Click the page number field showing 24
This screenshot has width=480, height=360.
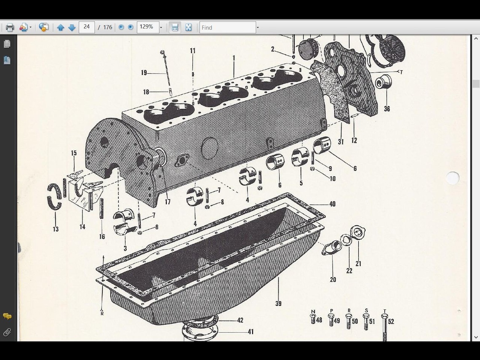tap(86, 27)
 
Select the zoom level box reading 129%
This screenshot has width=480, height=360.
tap(147, 27)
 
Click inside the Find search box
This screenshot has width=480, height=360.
tap(227, 27)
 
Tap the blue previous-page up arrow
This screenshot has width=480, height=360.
tap(60, 27)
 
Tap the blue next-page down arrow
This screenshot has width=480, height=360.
tap(72, 27)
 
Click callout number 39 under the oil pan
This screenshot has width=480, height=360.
tap(278, 303)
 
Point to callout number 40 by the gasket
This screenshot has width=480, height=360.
tap(332, 204)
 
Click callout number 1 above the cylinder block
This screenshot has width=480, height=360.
tap(234, 58)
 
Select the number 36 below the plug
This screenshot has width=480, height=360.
tap(387, 109)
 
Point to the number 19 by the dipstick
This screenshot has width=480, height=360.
tap(144, 73)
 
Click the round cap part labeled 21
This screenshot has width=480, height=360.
tap(358, 232)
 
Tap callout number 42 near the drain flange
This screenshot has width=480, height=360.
tap(240, 320)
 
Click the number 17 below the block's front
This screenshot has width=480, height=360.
tap(168, 202)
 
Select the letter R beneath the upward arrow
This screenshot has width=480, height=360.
tap(102, 313)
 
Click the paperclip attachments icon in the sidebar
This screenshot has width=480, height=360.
tap(7, 333)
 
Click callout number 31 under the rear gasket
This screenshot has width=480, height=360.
tap(341, 142)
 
